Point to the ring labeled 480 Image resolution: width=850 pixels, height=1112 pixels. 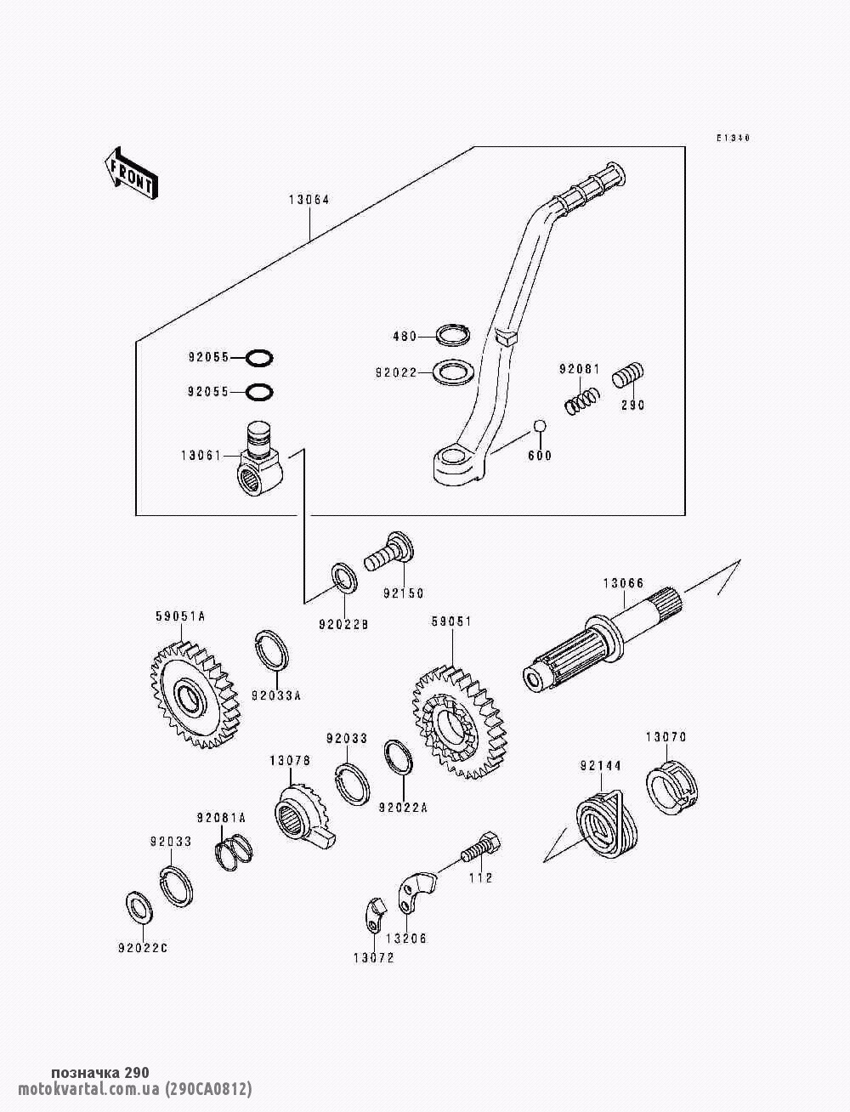click(x=454, y=334)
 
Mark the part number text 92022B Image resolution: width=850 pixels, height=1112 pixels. click(x=344, y=625)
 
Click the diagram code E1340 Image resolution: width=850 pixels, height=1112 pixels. click(x=732, y=138)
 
